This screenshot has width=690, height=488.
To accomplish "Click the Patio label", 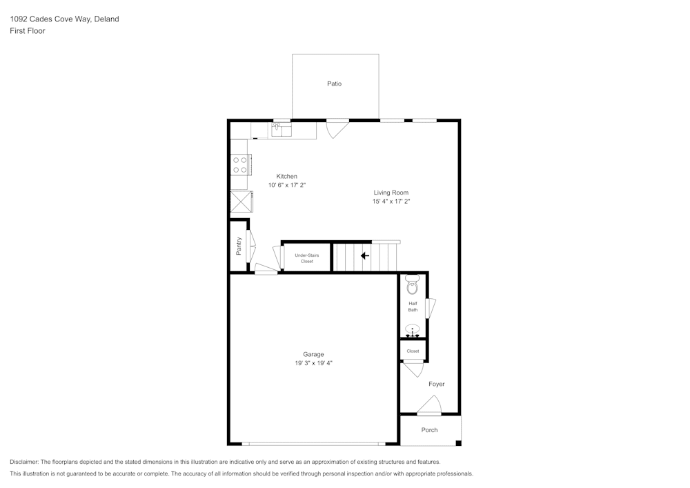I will click(334, 84).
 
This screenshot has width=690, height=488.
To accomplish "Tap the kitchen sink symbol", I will click(282, 129).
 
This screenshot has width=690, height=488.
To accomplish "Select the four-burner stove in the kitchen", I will click(240, 164).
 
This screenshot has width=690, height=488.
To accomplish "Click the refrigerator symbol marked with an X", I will click(241, 202).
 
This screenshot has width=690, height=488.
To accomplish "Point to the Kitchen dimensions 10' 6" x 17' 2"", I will click(287, 186).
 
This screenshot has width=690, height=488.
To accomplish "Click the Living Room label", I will click(391, 193).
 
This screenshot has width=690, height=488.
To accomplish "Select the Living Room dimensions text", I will click(391, 202).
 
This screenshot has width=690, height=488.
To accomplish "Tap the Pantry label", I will click(239, 245).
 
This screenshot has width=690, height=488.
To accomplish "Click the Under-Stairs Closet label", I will click(306, 258).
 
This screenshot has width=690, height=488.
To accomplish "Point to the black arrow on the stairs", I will click(364, 255).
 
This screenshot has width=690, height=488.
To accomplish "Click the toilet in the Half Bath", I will click(412, 284).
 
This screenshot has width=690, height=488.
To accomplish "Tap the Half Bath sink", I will click(413, 330).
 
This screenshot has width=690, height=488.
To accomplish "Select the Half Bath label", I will click(413, 306).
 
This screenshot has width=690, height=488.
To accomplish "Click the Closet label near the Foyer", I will click(413, 351).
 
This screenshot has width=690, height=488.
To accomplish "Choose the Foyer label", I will click(437, 384).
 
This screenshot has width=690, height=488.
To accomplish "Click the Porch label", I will click(429, 430).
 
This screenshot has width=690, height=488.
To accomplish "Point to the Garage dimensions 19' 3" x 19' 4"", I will click(313, 363).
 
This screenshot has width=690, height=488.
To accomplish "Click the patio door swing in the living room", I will click(336, 128).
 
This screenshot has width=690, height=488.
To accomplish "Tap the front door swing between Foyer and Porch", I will click(430, 406).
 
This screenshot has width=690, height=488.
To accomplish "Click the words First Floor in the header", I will click(28, 31).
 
